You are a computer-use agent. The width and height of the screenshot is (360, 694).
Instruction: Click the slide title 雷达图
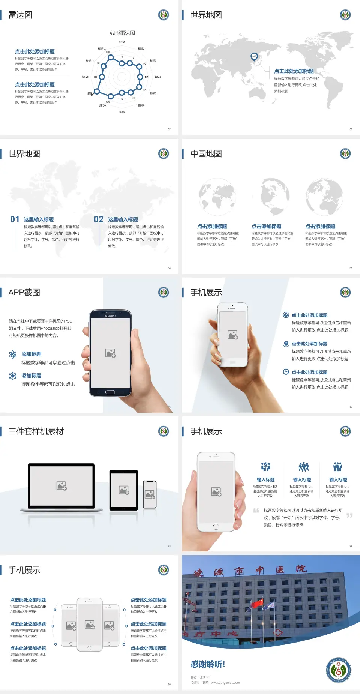20,15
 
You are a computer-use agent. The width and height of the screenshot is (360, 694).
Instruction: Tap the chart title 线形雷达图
122,33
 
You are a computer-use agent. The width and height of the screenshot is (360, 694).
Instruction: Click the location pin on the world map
254,57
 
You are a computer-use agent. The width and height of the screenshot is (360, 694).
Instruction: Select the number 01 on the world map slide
15,219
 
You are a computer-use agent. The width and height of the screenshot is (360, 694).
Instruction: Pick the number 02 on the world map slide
99,219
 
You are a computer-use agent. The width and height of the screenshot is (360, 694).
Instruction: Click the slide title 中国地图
206,154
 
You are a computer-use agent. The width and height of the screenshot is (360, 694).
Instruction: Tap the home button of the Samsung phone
110,392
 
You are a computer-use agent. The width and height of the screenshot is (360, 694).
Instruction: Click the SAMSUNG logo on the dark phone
110,316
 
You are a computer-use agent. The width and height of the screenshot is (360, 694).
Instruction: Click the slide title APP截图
24,293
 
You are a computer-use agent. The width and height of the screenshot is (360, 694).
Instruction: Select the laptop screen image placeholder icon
61,486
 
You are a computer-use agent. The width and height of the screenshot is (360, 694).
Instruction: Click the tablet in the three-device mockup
124,490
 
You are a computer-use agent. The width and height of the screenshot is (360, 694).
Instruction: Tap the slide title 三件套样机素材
36,431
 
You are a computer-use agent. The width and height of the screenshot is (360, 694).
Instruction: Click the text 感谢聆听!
208,664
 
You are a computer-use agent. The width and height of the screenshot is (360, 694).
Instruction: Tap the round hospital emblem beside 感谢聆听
339,670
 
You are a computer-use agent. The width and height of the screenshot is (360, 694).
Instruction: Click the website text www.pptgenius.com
225,683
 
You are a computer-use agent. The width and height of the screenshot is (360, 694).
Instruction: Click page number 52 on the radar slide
169,129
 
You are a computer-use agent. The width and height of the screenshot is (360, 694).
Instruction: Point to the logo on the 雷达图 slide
163,15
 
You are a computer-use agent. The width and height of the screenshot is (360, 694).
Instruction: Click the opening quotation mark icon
256,511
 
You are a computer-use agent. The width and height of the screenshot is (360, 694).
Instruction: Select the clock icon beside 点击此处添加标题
286,372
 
